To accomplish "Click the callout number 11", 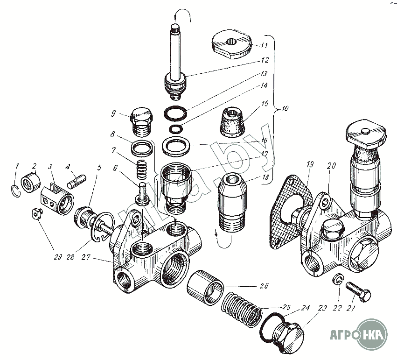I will pos(264,46).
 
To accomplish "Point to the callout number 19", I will pos(311,165).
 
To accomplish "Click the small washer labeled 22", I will pos(337,280).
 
